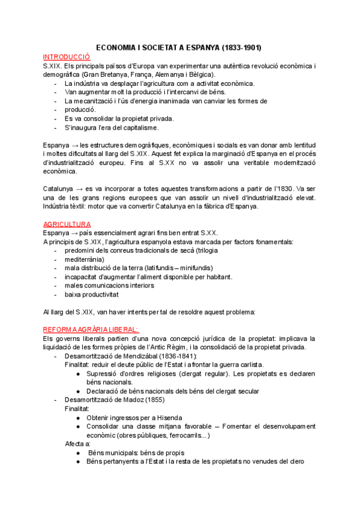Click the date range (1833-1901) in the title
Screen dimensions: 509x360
pyautogui.click(x=241, y=47)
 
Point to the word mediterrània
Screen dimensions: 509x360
pyautogui.click(x=84, y=259)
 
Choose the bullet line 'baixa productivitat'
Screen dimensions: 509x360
pyautogui.click(x=92, y=294)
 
